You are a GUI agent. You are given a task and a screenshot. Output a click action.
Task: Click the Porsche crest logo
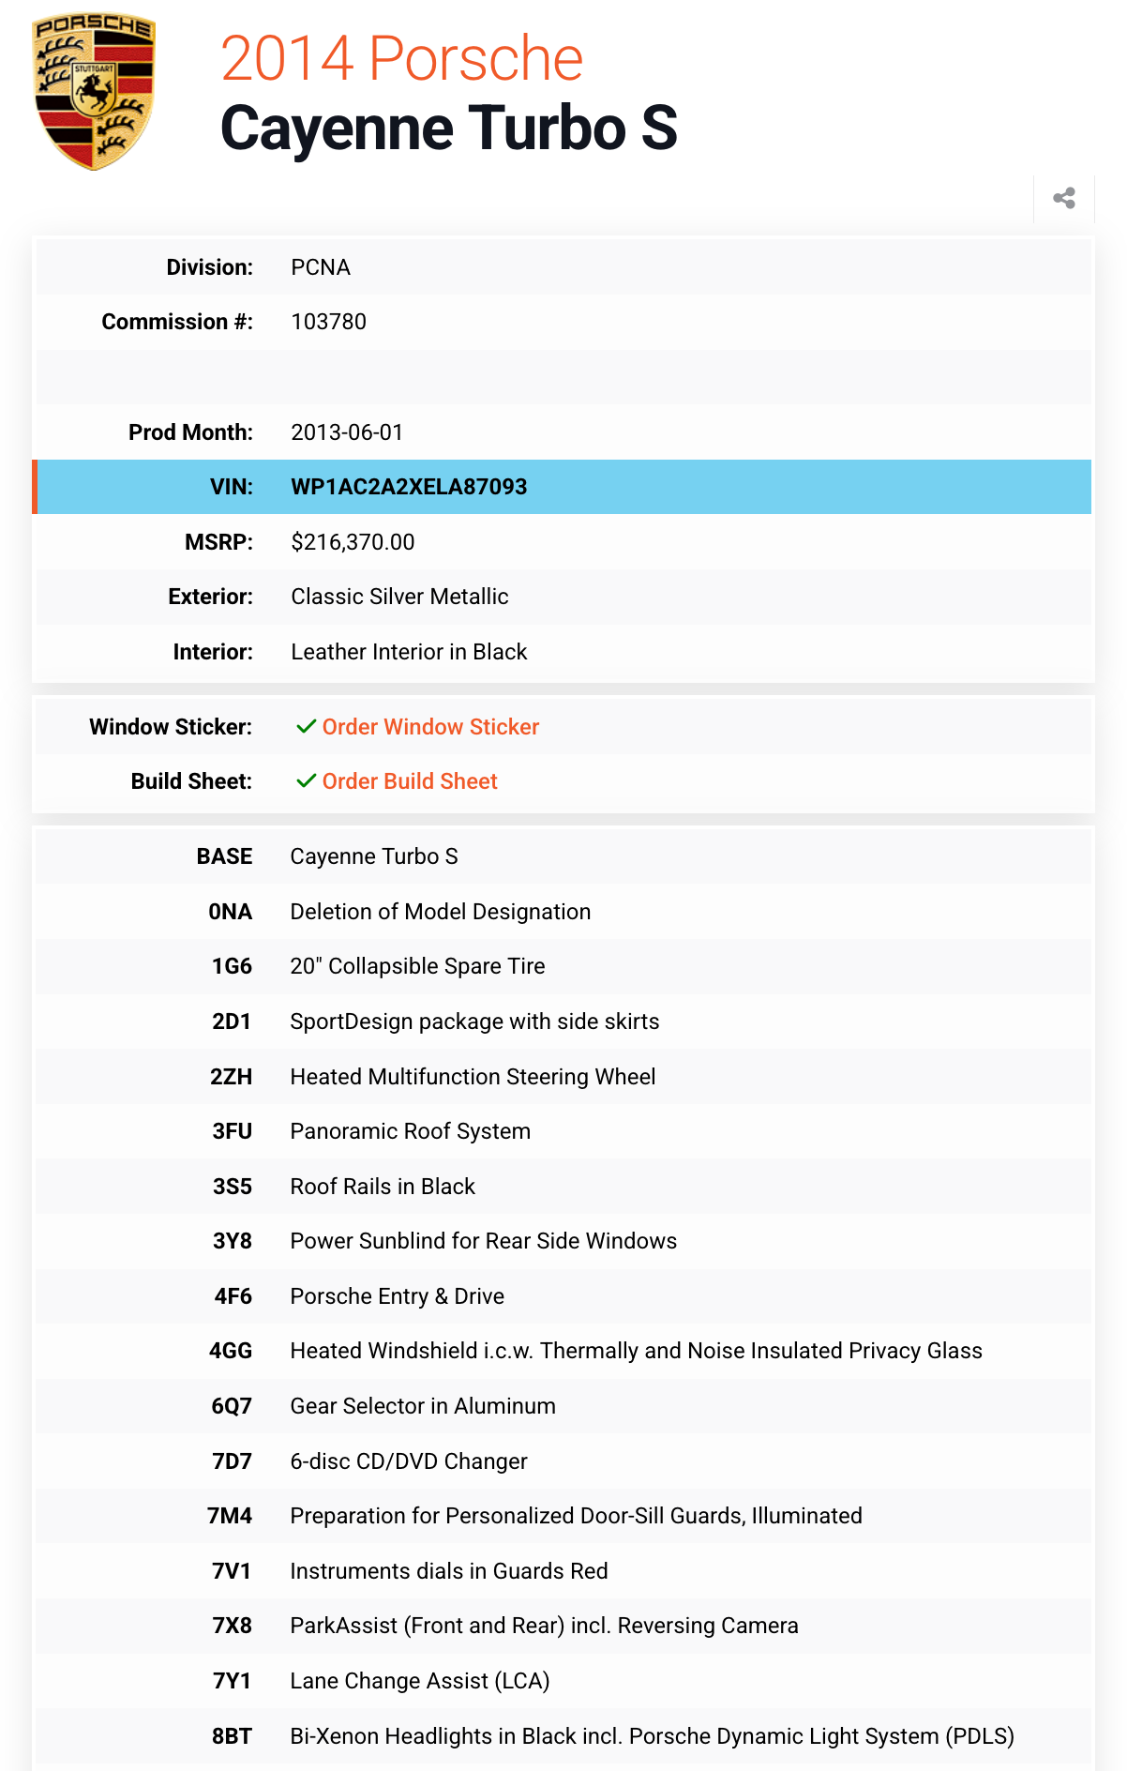pos(94,92)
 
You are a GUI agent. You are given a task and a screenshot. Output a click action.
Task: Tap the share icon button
pos(1063,198)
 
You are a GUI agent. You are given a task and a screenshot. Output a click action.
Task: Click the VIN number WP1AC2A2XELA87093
pos(409,487)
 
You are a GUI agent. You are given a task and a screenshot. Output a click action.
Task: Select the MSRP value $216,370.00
pos(353,542)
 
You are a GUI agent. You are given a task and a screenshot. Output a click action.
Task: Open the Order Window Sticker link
pos(430,727)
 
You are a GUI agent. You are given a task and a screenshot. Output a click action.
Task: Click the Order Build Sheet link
pos(410,781)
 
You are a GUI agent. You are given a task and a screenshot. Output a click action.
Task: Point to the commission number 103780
pos(328,322)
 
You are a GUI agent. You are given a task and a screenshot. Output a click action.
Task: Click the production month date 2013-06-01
pos(347,432)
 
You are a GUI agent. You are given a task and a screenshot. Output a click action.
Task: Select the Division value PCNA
pos(321,267)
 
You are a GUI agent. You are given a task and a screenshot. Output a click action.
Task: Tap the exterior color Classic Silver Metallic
pos(399,597)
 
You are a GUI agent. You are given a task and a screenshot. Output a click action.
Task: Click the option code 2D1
pos(232,1022)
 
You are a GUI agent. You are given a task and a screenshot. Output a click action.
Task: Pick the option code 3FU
pos(232,1131)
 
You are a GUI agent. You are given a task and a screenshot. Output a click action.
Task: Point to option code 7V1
pos(232,1571)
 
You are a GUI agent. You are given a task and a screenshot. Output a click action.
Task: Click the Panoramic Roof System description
pos(410,1131)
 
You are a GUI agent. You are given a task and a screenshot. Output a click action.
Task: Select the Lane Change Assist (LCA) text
pos(419,1681)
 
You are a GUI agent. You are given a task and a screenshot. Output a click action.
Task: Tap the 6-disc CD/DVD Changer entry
pos(408,1461)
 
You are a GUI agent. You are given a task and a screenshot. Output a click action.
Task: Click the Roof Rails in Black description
pos(383,1187)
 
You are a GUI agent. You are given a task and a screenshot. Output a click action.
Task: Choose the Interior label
pos(213,652)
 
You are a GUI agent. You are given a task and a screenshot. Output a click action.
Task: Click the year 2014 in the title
pos(287,58)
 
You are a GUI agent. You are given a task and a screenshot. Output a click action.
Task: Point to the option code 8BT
pos(232,1736)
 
